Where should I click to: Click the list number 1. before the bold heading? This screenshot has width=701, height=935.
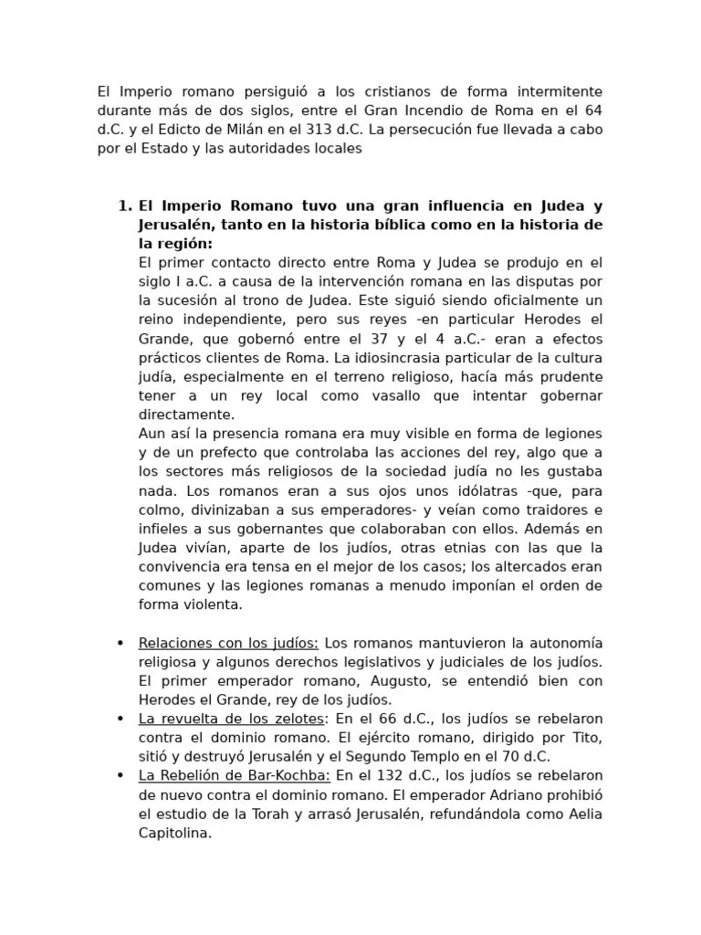[125, 205]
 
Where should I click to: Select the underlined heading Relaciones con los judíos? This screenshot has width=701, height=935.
[227, 643]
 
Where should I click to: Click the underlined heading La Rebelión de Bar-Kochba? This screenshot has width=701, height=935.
[235, 776]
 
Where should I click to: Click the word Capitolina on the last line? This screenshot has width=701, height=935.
[174, 834]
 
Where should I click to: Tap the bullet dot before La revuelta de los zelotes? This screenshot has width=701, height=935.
[120, 720]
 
